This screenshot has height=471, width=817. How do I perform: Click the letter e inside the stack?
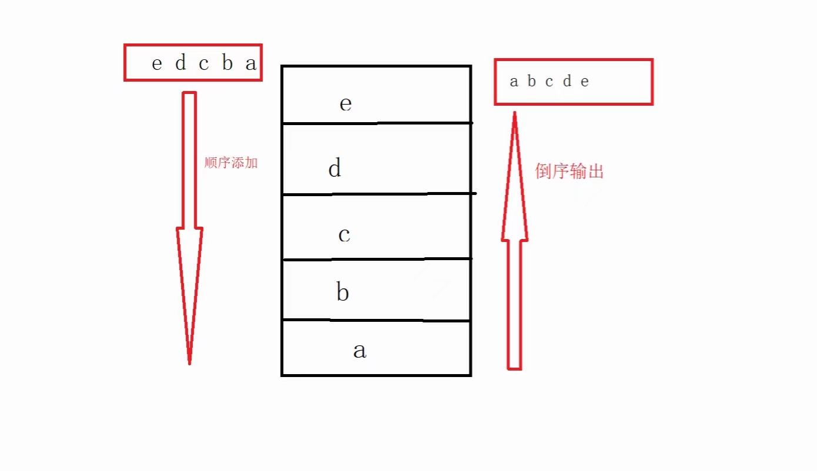[346, 104]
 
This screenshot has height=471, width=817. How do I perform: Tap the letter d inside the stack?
[334, 169]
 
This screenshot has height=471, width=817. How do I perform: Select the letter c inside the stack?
[344, 234]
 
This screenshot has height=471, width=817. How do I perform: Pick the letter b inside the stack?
[343, 291]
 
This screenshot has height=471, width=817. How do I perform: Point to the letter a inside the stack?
[359, 351]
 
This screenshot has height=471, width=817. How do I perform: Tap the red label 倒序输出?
[569, 171]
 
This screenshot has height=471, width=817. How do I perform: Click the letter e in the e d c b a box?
[156, 63]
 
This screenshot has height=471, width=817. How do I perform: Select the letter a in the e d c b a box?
[251, 63]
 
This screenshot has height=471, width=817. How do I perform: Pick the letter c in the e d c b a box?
[203, 63]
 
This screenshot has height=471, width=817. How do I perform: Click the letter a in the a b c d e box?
[514, 82]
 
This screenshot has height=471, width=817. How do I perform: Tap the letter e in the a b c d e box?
[584, 82]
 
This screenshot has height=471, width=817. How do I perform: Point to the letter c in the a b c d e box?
[549, 82]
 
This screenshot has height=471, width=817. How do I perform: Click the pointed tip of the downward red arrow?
[189, 363]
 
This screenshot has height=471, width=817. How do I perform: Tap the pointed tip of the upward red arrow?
[514, 113]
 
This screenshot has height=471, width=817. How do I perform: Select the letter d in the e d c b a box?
[180, 63]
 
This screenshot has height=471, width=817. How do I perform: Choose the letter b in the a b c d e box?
[531, 82]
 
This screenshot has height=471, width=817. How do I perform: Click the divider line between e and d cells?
[376, 123]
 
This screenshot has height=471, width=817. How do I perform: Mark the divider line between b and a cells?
[376, 321]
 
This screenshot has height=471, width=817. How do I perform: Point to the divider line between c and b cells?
[376, 259]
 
